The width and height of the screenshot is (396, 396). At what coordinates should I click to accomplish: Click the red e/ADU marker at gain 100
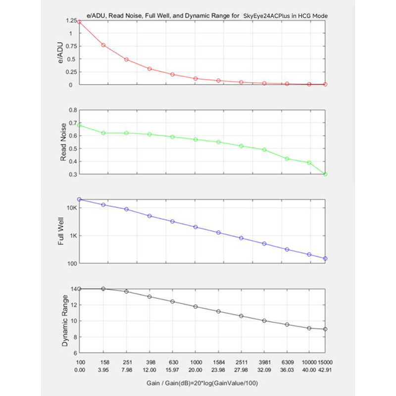pos(79,22)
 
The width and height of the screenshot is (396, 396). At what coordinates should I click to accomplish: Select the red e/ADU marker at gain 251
pos(127,59)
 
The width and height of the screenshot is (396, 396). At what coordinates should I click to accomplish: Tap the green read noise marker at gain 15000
pos(325,174)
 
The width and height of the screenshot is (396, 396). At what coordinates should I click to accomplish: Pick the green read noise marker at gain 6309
pos(287,159)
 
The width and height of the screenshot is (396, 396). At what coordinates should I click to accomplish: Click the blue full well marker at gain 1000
pos(196,227)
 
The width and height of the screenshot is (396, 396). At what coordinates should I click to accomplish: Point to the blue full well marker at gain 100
pos(79,199)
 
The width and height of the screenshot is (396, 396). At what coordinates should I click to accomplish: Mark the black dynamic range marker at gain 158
pos(103,289)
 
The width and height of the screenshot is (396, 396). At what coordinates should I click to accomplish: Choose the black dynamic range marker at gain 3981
pos(264,321)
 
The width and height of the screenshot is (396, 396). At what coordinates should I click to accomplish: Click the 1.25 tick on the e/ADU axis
pos(71,20)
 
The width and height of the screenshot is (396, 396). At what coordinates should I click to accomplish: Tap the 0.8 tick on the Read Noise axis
pos(73,110)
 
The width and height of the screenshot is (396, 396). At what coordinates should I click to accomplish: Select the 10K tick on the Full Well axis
pos(72,208)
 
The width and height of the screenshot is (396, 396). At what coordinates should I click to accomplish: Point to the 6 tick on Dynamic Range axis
pos(75,353)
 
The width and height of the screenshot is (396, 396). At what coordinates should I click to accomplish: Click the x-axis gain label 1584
pos(219,362)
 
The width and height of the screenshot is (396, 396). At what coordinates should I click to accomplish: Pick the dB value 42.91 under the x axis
pos(325,370)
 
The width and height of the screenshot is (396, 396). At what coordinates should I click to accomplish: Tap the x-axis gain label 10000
pos(309,362)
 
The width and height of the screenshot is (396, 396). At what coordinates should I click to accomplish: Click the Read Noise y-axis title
pos(63,142)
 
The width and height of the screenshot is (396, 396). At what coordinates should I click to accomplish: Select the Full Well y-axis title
pos(61,231)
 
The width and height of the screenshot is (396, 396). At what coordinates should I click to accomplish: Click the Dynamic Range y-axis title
pos(65,321)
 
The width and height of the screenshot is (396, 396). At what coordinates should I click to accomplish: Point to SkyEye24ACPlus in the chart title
pos(266,16)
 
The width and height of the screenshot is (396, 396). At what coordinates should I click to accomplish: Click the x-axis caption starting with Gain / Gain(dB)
pos(202,383)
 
